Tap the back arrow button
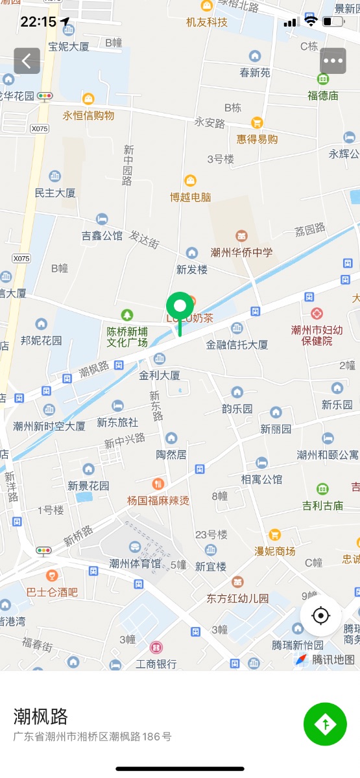tap(27, 61)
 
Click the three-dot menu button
tap(333, 61)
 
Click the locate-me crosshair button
tap(321, 615)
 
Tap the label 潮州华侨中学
tap(241, 252)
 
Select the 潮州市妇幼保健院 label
tap(311, 335)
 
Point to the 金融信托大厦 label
tap(237, 345)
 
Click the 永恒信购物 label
tap(88, 115)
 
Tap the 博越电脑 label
tap(190, 197)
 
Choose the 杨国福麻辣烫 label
tap(158, 500)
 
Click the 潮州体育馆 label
tap(135, 563)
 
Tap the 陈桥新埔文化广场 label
tap(127, 336)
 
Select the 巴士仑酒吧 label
tap(52, 591)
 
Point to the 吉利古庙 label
tap(322, 505)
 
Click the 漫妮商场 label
tap(274, 550)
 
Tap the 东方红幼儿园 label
tap(237, 598)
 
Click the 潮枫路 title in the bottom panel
tap(41, 716)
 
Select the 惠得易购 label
tap(257, 139)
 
